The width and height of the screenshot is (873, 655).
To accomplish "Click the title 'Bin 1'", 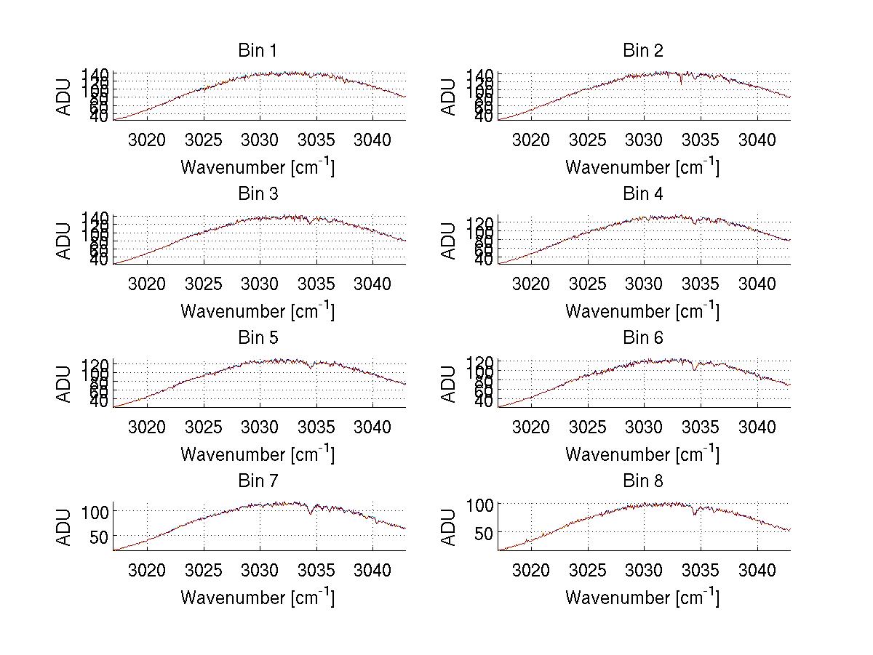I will pos(257,50).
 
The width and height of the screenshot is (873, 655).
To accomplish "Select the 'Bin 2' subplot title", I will pos(643,50).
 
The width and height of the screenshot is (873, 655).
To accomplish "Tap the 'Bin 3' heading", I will pos(257,194).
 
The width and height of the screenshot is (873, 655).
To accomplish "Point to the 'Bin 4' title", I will pos(643,194).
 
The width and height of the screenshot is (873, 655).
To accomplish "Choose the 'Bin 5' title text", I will pos(257,338).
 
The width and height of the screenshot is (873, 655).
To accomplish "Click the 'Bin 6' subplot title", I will pos(643,338).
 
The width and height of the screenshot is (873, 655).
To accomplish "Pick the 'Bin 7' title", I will pos(257,481).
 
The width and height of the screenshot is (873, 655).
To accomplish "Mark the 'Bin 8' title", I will pos(643,481).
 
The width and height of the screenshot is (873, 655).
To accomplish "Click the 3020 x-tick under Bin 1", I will pos(148,140).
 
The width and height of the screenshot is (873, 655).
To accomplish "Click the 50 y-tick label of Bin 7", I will pos(99,537).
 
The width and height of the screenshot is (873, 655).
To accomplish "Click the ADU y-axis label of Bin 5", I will pos(65,384).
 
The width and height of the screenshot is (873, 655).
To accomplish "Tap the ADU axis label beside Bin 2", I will pos(449,97).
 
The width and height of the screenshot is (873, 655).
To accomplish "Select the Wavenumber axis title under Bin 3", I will pos(258,311).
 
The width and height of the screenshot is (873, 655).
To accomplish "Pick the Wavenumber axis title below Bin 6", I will pos(642,454).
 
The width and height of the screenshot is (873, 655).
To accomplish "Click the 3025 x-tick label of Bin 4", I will pos(587,284).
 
